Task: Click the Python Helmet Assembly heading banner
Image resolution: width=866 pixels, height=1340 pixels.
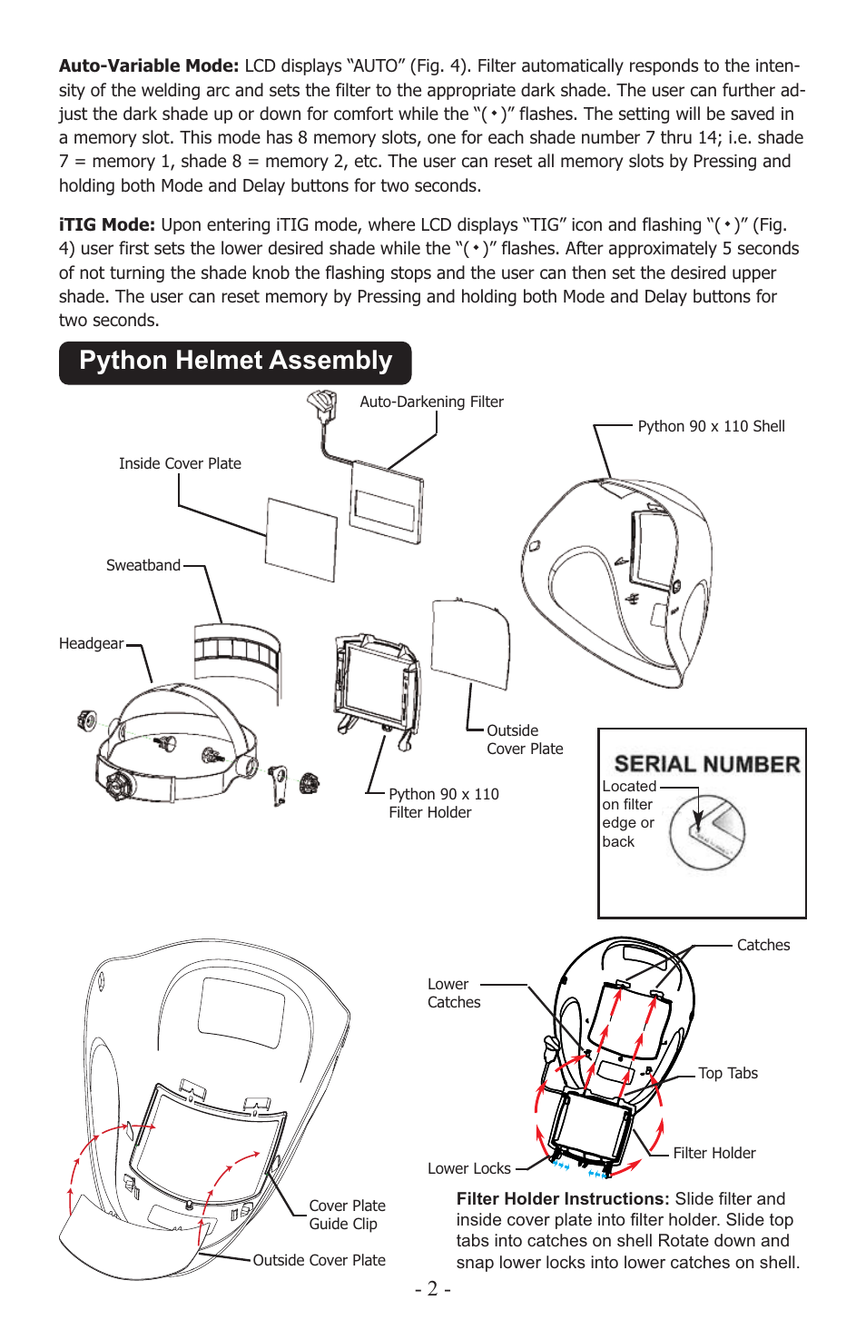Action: tap(235, 362)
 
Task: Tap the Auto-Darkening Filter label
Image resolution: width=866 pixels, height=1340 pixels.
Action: tap(431, 402)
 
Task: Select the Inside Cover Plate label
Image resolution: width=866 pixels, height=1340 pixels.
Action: tap(180, 463)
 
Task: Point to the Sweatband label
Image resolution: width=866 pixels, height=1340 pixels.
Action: tap(143, 565)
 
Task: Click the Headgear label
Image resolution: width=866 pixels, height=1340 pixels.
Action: tap(91, 643)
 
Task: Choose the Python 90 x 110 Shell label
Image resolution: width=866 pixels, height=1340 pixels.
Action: tap(711, 426)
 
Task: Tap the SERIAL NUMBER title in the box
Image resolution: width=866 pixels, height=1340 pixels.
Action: tap(706, 764)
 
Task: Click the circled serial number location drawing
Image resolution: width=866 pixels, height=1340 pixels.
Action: tap(707, 831)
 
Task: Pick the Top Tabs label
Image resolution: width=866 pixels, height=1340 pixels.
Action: tap(727, 1073)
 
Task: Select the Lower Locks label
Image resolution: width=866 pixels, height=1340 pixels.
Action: tap(469, 1168)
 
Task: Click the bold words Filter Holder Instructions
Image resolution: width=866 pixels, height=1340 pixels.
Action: tap(562, 1199)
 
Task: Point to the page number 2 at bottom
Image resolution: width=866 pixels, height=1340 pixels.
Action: tap(432, 1288)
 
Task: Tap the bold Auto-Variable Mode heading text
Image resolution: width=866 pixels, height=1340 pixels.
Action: tap(149, 65)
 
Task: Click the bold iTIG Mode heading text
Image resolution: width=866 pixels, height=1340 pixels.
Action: tap(107, 224)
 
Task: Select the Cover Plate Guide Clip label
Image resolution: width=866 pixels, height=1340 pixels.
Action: tap(347, 1215)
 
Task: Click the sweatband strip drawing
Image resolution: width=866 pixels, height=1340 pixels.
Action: tap(237, 650)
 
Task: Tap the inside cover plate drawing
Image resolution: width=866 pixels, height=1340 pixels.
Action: tap(300, 538)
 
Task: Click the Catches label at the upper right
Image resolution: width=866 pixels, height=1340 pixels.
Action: tap(763, 945)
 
